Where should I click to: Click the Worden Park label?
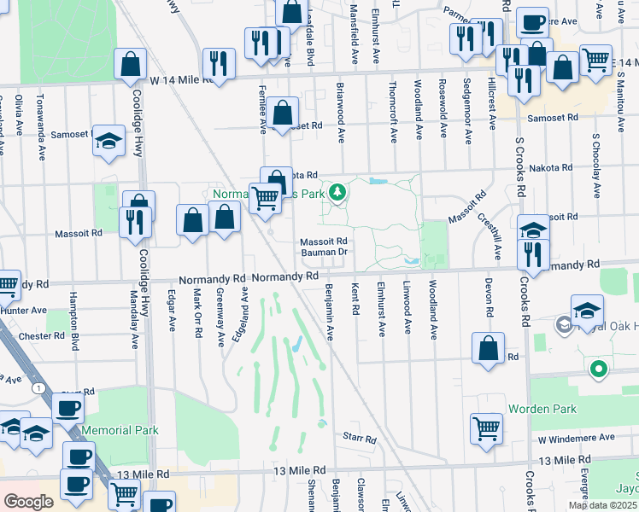coord(542,409)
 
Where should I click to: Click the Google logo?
coord(28,502)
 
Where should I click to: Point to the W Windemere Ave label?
coord(577,438)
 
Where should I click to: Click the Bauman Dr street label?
coord(324,252)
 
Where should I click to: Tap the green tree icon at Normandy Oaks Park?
coord(338,192)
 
